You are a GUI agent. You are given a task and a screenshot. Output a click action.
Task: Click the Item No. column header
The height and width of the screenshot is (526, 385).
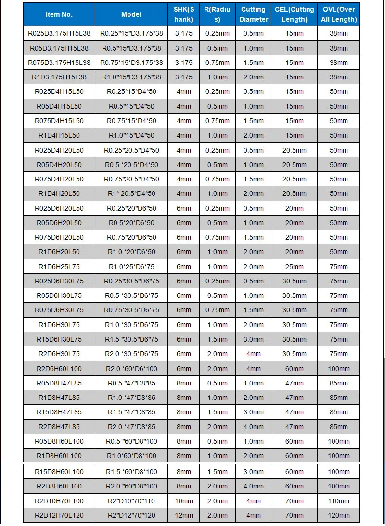(59, 14)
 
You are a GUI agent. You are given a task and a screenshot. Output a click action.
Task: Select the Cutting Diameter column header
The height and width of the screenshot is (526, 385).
(254, 14)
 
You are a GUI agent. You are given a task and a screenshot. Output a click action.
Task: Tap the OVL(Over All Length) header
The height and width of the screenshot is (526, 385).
(339, 14)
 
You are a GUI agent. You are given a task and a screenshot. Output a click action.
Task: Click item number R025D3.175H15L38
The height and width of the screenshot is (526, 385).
(59, 34)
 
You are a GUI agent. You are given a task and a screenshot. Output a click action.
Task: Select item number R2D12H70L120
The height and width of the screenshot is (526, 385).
(59, 515)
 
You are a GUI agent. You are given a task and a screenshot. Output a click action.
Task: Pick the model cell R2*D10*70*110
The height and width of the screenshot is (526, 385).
(131, 500)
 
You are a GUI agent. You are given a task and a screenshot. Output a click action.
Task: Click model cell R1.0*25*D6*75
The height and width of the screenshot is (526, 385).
(131, 267)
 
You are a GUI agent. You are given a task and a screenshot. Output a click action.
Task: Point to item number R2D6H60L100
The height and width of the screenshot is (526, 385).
(59, 369)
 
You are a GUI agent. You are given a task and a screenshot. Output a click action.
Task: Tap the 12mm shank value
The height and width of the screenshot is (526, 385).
(183, 515)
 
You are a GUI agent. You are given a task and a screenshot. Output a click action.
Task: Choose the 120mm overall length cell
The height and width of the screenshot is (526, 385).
(339, 515)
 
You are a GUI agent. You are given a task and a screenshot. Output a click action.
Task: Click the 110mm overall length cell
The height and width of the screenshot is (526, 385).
(339, 500)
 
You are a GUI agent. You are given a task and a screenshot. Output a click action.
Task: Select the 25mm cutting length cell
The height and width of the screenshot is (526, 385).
(295, 267)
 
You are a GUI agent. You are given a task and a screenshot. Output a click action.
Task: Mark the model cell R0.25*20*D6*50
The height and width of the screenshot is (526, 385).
(131, 208)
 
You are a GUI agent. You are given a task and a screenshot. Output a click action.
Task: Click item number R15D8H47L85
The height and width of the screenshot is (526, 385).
(59, 412)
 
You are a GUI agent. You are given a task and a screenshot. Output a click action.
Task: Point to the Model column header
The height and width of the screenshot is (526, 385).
(131, 14)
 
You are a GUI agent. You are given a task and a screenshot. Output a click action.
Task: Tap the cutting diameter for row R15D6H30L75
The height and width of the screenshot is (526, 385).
(254, 339)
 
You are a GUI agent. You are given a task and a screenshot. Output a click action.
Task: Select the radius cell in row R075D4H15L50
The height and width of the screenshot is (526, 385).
(217, 121)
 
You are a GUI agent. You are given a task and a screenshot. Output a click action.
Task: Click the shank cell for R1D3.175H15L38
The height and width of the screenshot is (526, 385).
(183, 77)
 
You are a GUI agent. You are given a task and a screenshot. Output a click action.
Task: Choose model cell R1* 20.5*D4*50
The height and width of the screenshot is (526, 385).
(131, 193)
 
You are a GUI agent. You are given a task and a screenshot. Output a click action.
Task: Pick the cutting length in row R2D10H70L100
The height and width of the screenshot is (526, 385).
(295, 500)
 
